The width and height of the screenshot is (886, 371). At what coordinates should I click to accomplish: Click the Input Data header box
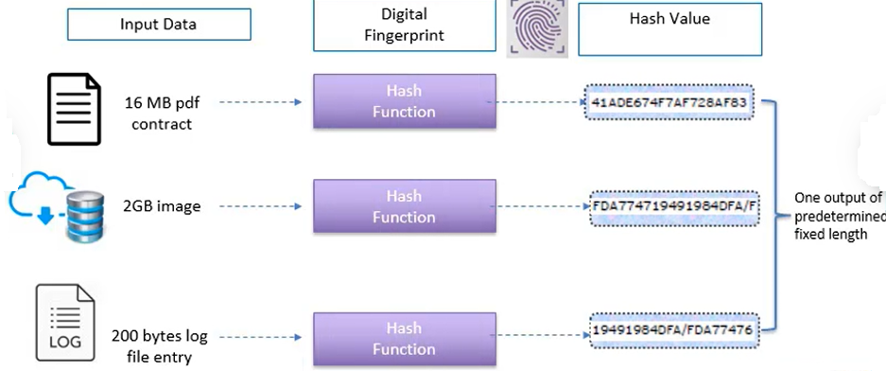coord(159,25)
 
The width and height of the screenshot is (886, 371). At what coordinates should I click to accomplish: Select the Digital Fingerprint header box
coord(403,26)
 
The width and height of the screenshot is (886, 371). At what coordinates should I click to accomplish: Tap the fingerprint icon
coord(537,27)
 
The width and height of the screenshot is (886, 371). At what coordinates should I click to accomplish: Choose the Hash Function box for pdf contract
coord(404,101)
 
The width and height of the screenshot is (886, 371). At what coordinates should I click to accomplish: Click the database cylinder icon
coord(84,215)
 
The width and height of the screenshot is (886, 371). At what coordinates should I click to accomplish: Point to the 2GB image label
coord(162,206)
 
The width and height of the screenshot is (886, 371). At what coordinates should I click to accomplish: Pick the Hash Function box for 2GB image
coord(404,206)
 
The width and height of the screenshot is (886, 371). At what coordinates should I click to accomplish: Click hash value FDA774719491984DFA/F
coord(674,205)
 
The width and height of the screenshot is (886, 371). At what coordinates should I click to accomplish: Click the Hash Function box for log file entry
coord(404,338)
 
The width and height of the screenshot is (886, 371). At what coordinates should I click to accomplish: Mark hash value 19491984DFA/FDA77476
coord(672,328)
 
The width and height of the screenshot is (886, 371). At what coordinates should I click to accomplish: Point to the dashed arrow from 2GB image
coord(260,206)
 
